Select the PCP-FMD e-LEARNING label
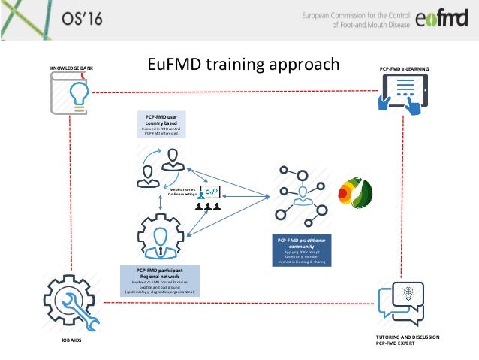coord(405,69)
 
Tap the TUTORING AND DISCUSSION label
coord(406,337)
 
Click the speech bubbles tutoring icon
coord(402,304)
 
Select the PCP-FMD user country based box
coord(161,125)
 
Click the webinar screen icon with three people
coord(210,198)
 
